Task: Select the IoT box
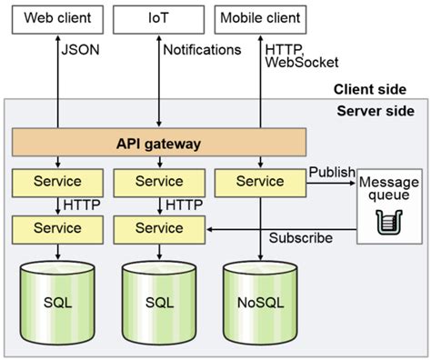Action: [158, 16]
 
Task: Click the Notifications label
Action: [202, 50]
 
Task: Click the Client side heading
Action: [368, 89]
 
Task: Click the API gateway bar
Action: [158, 144]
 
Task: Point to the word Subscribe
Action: [301, 238]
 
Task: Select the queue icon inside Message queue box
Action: [388, 219]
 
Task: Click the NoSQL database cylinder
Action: [254, 302]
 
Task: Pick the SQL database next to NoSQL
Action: [158, 302]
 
